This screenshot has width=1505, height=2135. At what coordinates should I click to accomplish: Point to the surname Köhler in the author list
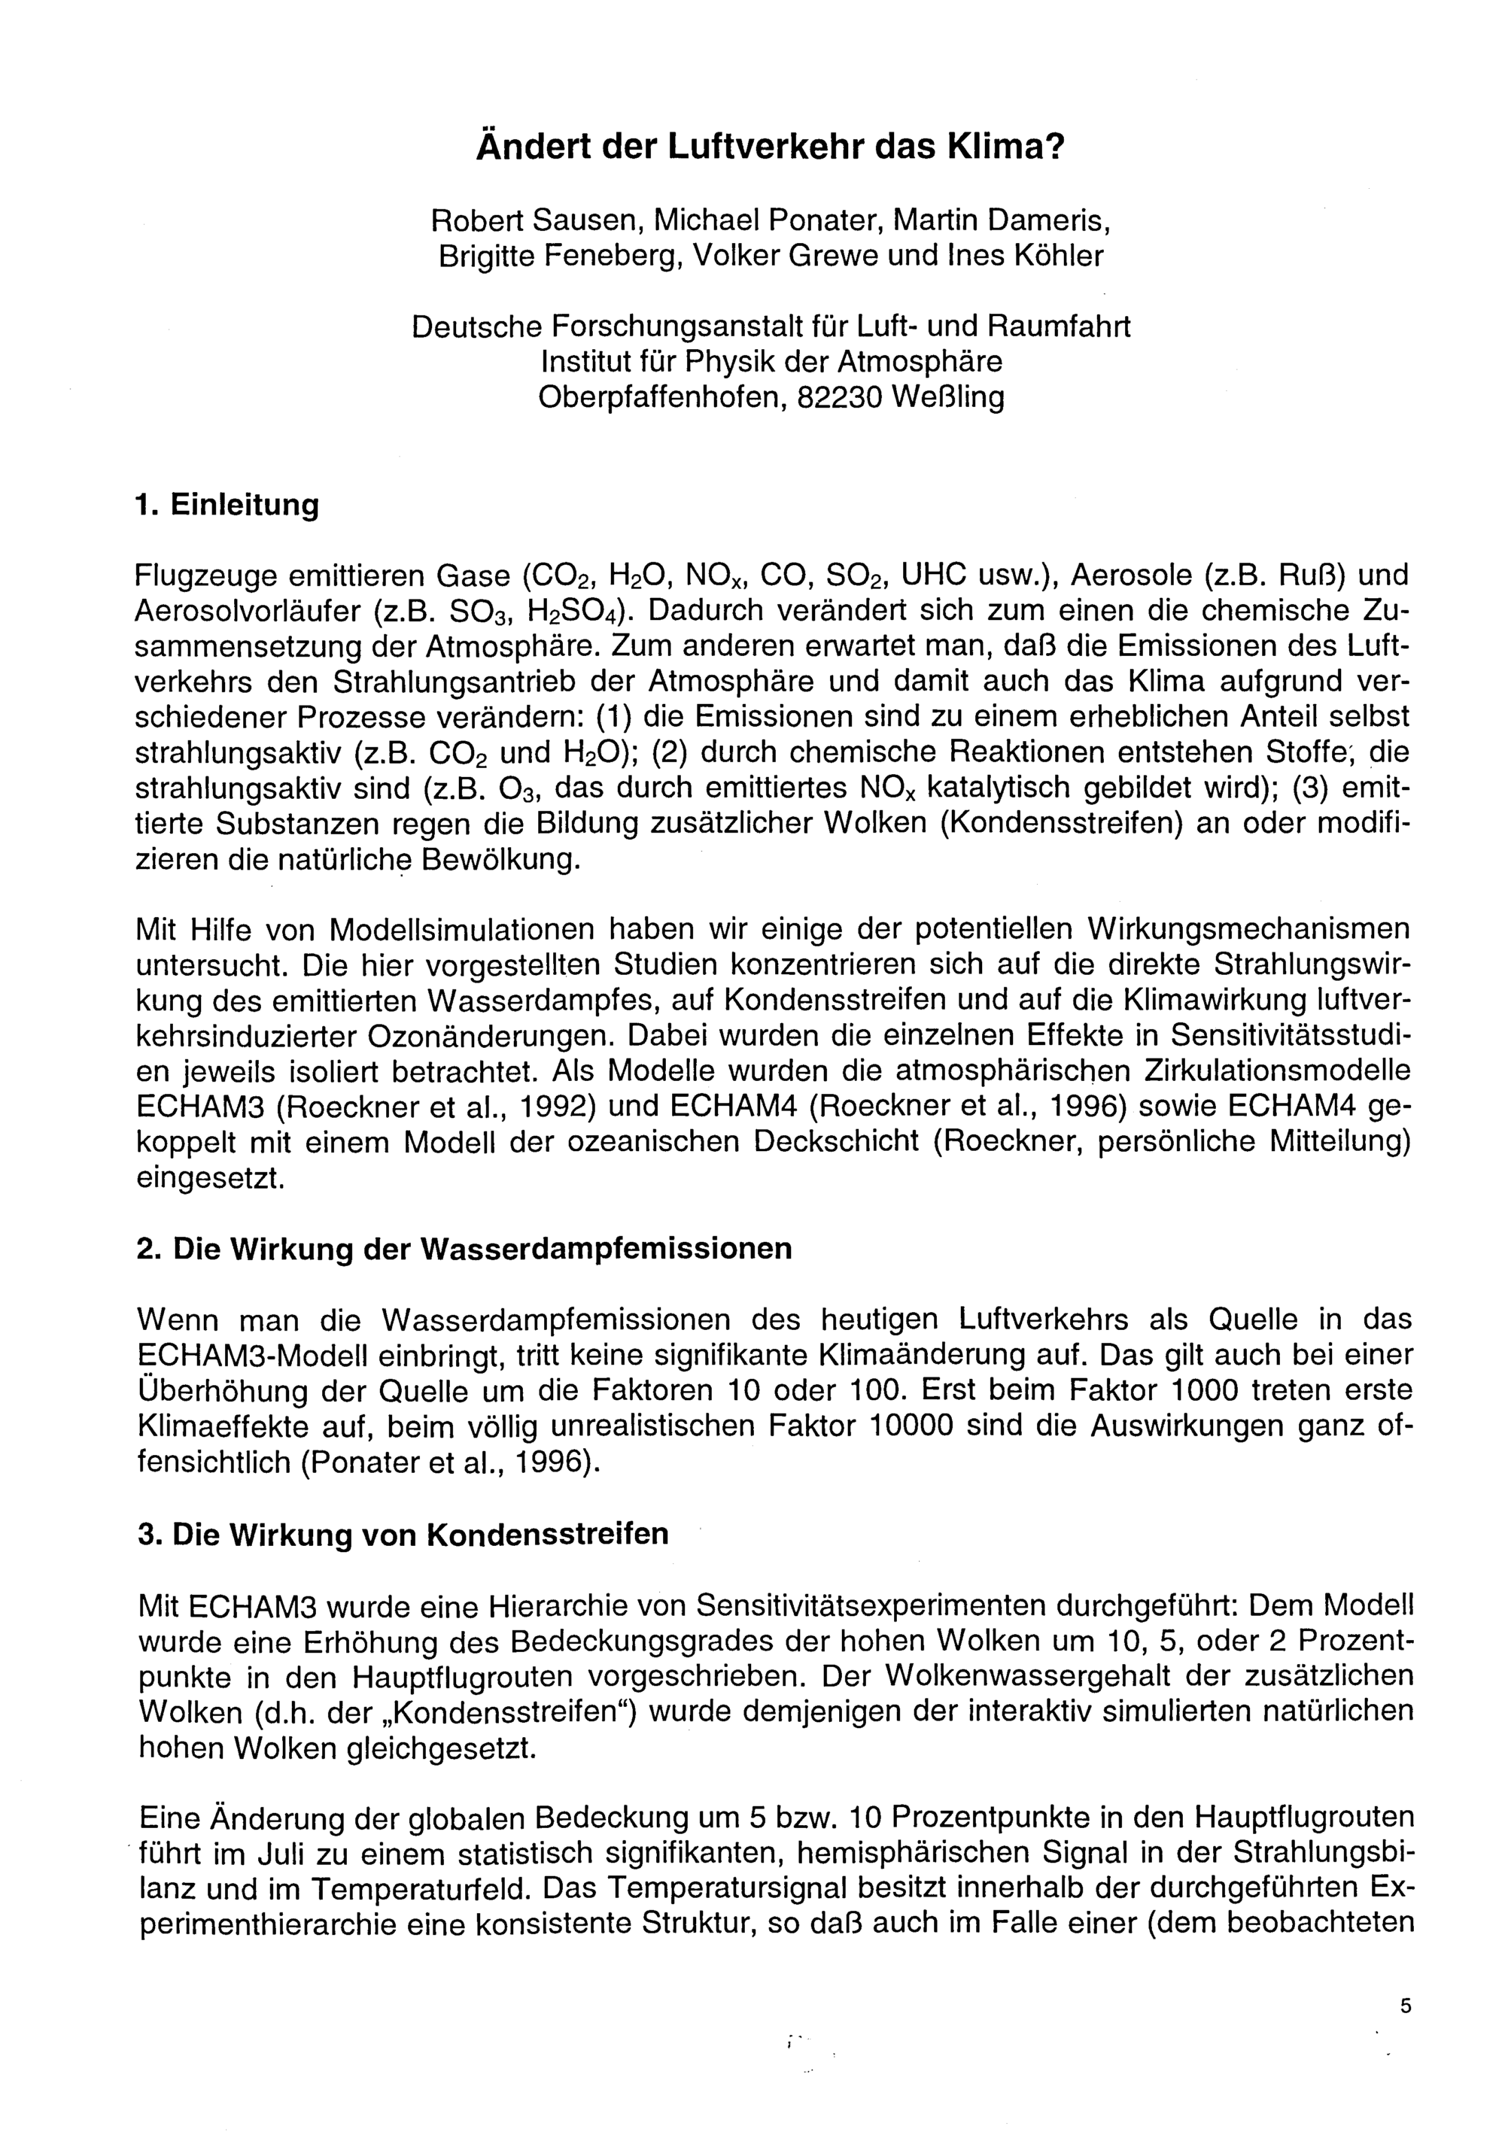coord(1052,256)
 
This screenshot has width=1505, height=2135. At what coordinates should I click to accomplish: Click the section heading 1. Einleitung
coord(227,505)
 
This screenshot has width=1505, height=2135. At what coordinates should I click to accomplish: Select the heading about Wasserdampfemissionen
coord(464,1248)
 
